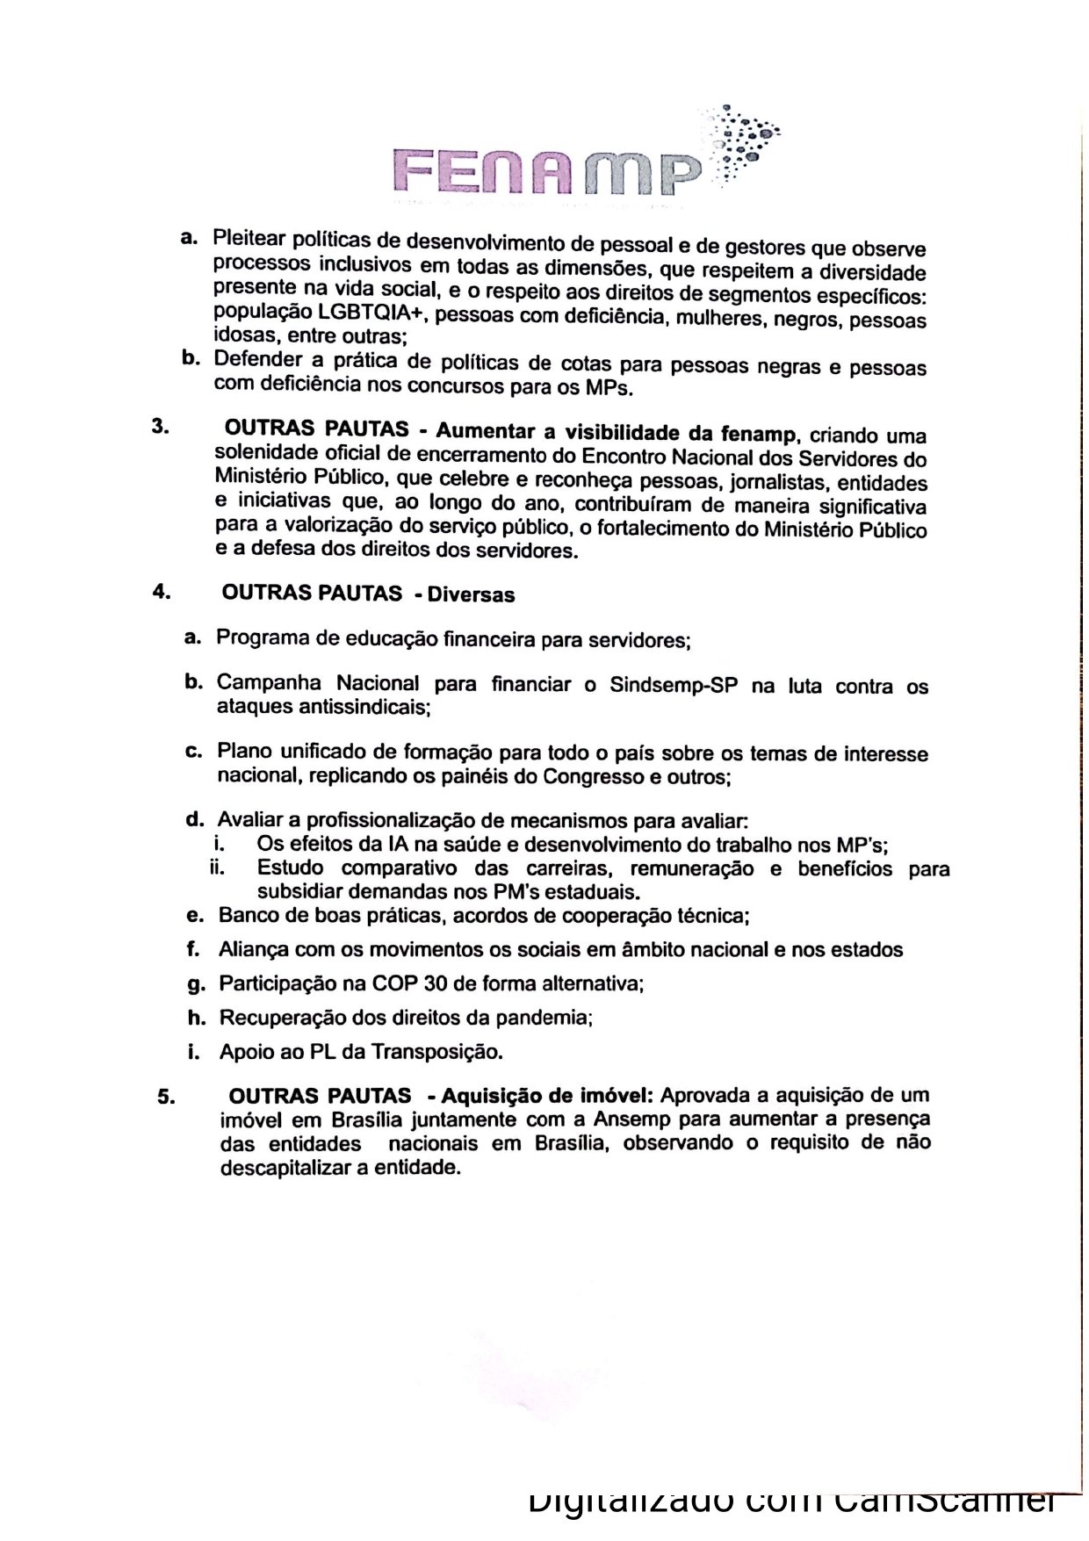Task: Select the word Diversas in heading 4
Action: pyautogui.click(x=471, y=594)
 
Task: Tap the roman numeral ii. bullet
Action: pyautogui.click(x=217, y=868)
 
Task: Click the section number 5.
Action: pyautogui.click(x=166, y=1097)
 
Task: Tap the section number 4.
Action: pyautogui.click(x=161, y=592)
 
